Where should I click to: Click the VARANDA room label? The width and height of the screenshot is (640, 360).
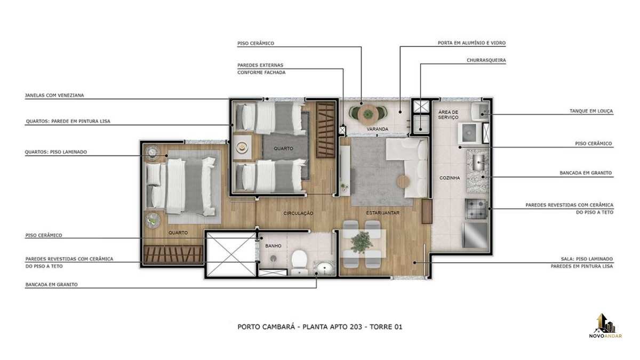[378, 129]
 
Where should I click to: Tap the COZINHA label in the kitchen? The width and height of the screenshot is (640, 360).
[450, 178]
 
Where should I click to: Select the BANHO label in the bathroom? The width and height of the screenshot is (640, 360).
[273, 246]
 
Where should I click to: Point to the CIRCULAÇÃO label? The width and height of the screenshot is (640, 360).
[298, 213]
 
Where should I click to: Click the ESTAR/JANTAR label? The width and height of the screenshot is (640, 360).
[383, 213]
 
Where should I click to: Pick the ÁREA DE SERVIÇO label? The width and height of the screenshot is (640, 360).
[449, 115]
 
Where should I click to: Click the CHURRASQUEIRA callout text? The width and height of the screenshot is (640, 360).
[486, 60]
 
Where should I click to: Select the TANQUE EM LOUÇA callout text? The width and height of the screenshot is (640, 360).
[591, 111]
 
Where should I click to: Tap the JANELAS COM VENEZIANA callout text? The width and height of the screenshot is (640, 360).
[54, 95]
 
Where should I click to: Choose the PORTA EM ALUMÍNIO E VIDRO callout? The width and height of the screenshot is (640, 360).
[471, 43]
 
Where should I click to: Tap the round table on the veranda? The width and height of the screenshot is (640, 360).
[368, 114]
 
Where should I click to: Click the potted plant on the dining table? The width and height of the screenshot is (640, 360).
[362, 242]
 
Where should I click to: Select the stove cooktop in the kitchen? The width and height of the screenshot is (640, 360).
[476, 209]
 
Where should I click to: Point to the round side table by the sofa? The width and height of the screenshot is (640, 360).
[403, 181]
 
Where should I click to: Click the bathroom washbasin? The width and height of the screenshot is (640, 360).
[325, 268]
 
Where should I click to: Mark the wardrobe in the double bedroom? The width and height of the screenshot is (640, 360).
[173, 254]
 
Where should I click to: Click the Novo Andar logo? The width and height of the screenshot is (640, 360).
[605, 326]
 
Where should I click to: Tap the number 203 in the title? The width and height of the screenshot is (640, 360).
[357, 326]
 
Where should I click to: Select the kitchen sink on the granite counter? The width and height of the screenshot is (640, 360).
[478, 162]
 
